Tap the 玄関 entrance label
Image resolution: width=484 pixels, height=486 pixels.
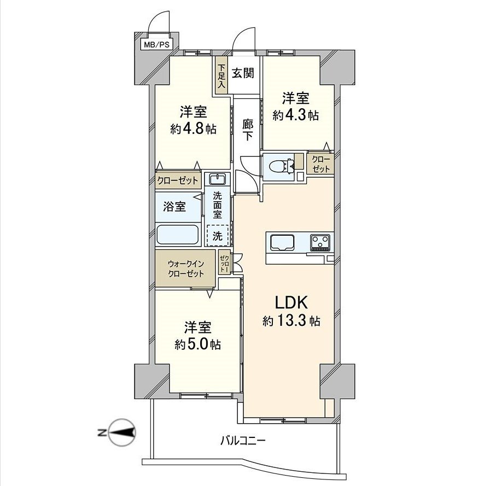coord(242,73)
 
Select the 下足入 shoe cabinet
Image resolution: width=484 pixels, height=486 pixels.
coord(221,77)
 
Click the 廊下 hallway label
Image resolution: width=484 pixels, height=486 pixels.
coord(247,130)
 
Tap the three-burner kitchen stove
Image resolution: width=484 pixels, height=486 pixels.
coord(320,242)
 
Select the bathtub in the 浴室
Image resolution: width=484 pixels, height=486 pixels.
coord(178,235)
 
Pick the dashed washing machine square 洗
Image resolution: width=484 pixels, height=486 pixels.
coord(218,236)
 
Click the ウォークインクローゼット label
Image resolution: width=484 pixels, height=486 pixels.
coord(186,268)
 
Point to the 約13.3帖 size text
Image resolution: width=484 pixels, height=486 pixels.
coord(291,321)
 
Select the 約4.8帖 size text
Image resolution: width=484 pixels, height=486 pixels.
coord(193,129)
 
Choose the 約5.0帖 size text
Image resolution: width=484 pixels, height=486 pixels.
coord(197,344)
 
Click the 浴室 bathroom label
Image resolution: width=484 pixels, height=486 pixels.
coord(174,207)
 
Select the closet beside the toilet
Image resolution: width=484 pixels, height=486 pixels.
coord(320,164)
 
